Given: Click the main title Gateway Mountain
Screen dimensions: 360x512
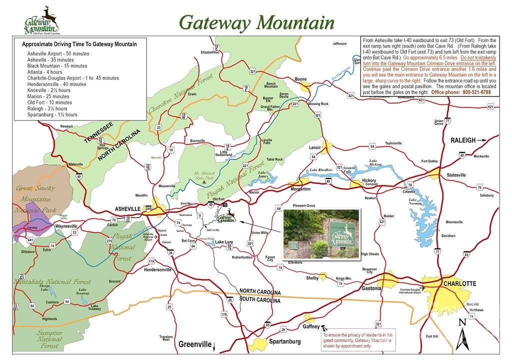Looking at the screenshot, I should point(256,22).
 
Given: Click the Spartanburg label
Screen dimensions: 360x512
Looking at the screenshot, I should point(284,341).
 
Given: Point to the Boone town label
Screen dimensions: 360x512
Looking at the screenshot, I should point(300,79).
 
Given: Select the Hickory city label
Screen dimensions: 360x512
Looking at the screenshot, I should point(369,180).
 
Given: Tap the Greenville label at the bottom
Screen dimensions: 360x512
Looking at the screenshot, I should point(194,344).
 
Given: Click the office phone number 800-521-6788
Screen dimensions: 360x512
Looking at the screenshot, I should point(476,92).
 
